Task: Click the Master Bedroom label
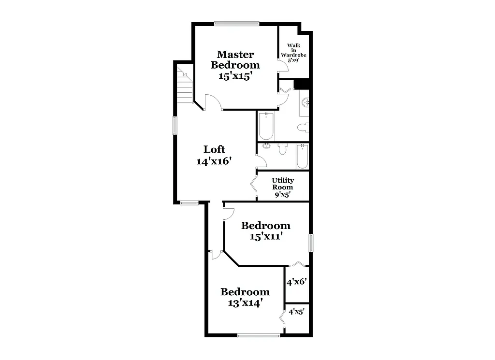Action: (235, 59)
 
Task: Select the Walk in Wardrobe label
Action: (294, 53)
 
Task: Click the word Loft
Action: (214, 149)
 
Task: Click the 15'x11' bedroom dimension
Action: (266, 237)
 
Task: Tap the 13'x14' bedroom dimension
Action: (245, 303)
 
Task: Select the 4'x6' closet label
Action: (297, 282)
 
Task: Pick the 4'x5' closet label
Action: (297, 312)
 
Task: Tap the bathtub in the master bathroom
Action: (266, 126)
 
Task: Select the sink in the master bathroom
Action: (305, 102)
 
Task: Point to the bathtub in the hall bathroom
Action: (302, 156)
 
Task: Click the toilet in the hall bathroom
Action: (283, 149)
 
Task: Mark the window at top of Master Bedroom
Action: (237, 23)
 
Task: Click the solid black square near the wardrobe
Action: (302, 84)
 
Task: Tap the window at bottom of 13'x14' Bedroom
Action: (259, 335)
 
